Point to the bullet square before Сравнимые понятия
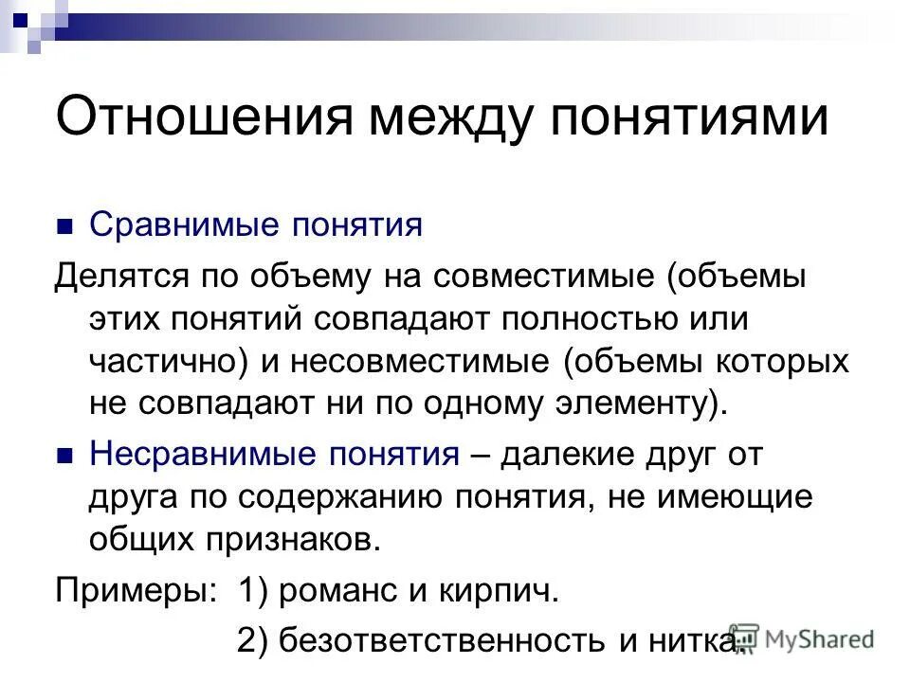click(64, 227)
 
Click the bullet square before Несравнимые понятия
click(64, 456)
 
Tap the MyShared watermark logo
click(801, 639)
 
